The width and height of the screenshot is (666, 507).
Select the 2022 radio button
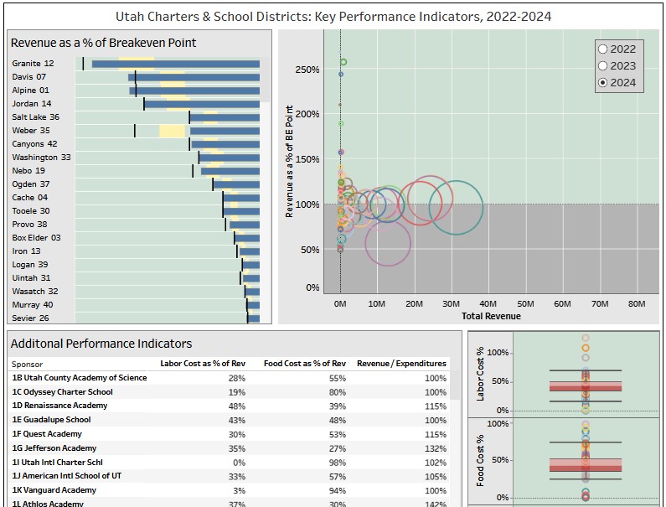(603, 49)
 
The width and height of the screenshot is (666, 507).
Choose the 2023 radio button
(603, 65)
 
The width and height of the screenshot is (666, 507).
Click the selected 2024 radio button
(603, 82)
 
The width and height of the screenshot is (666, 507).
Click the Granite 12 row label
(33, 64)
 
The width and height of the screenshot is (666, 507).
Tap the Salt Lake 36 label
(35, 117)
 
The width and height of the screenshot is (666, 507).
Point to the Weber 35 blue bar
(225, 131)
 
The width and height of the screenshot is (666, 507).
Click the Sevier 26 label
(30, 318)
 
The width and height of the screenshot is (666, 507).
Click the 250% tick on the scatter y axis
(307, 70)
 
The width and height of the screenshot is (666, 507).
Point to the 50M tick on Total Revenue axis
(525, 303)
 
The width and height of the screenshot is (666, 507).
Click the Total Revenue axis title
(490, 316)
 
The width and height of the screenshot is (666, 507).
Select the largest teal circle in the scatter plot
(456, 207)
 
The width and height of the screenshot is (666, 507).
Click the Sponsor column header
(28, 365)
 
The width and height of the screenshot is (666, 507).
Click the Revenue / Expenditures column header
(401, 364)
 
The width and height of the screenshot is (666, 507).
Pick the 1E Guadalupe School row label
(51, 420)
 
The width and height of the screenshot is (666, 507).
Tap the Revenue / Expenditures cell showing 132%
(435, 448)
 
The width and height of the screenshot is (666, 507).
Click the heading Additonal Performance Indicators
(101, 344)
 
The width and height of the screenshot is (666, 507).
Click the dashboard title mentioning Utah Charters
(333, 17)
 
